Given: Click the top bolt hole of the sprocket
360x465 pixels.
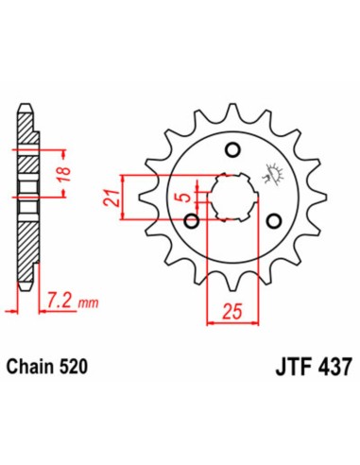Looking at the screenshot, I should pyautogui.click(x=232, y=149).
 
